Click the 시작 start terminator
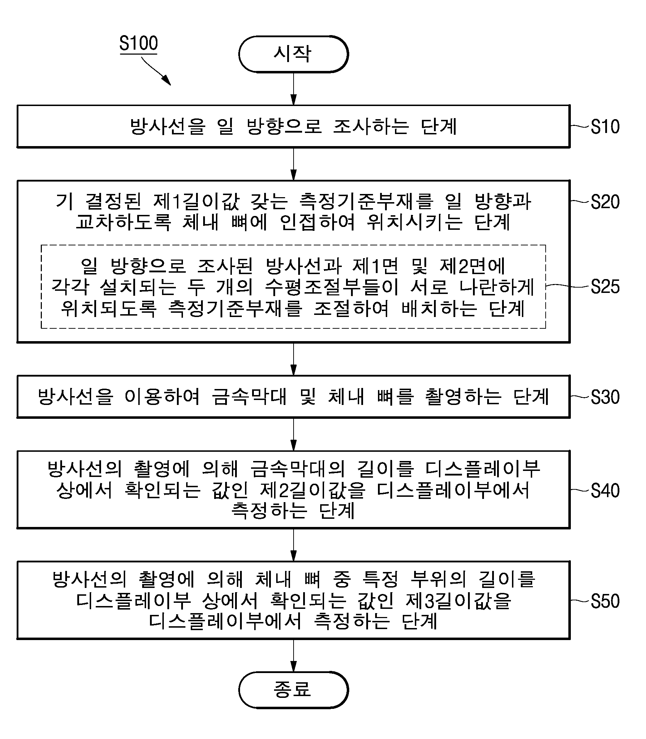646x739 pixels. click(x=294, y=54)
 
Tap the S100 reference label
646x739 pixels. click(x=138, y=43)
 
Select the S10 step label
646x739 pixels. click(x=605, y=127)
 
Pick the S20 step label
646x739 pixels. click(x=605, y=202)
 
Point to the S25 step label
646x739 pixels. click(x=605, y=287)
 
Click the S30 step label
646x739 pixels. click(x=605, y=397)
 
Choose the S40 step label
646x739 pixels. click(x=605, y=491)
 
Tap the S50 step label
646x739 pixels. click(x=605, y=601)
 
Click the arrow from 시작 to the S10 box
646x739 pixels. click(x=294, y=89)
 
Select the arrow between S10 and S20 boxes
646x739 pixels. click(x=294, y=164)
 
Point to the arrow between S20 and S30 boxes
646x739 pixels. click(x=294, y=359)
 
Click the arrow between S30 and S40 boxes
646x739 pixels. click(x=294, y=434)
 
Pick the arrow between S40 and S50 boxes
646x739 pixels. click(x=294, y=545)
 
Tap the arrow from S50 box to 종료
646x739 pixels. click(x=294, y=655)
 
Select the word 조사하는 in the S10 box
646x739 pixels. click(x=371, y=127)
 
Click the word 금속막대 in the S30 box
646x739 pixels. click(x=250, y=396)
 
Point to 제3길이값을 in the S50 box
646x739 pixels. click(x=458, y=601)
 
